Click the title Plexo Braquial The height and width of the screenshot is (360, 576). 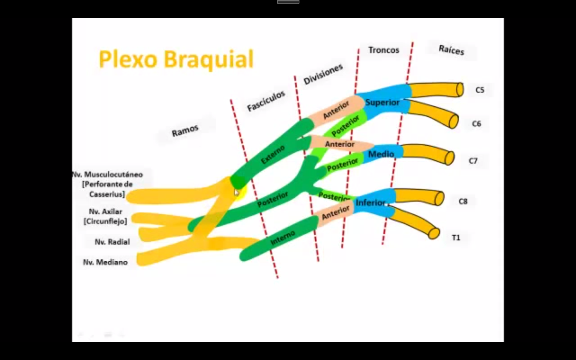tap(176, 60)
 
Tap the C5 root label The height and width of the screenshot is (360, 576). tap(480, 90)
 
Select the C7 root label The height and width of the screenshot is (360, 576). tap(473, 161)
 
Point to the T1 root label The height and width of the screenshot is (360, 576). tap(456, 238)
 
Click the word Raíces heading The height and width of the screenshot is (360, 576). tap(451, 50)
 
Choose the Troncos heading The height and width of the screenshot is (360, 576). tap(384, 50)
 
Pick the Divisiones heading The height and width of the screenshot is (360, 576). tap(323, 74)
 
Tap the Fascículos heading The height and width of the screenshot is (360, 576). tap(266, 101)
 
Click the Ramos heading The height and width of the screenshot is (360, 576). tap(185, 131)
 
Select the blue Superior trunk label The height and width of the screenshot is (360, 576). tap(382, 102)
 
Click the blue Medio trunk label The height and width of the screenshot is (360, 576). tap(381, 154)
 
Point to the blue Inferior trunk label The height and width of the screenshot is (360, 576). tap(370, 202)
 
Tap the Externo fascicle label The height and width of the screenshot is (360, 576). tap(273, 154)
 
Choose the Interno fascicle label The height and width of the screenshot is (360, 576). tap(282, 238)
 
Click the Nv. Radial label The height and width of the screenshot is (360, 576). tap(112, 242)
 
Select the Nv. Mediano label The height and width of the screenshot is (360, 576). tap(105, 262)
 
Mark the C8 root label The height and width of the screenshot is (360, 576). tap(463, 201)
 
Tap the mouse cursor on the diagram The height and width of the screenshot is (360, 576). tap(236, 192)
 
